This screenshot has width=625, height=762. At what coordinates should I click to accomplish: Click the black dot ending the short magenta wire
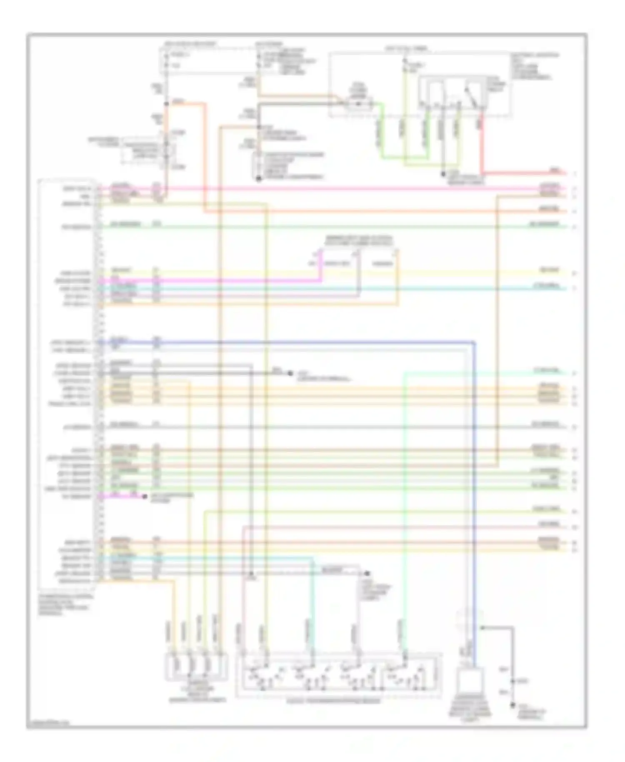(x=144, y=496)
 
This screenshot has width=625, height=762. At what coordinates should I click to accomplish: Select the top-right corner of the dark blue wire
(x=474, y=343)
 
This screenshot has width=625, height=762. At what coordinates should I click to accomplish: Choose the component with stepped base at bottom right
(x=472, y=684)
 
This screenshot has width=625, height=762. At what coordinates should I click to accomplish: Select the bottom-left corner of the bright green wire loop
(x=384, y=158)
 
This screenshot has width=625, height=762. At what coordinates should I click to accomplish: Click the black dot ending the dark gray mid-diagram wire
(x=290, y=373)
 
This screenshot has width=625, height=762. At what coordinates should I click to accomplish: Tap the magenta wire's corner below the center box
(x=321, y=280)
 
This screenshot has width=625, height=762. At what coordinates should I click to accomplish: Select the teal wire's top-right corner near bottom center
(x=312, y=559)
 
